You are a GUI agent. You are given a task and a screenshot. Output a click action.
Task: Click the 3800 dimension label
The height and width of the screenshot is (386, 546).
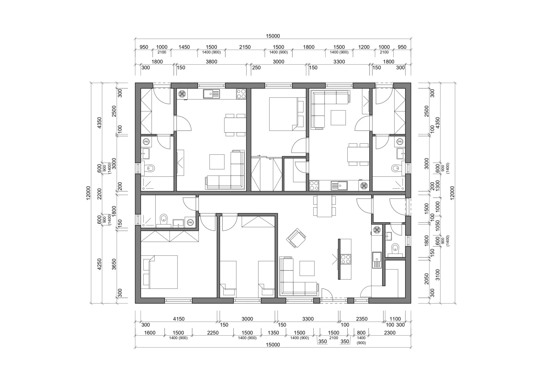(x=211, y=62)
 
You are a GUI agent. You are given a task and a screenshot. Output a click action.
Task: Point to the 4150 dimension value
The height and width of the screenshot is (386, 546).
(x=179, y=319)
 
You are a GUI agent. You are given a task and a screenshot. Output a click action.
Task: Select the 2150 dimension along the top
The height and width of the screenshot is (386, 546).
(x=245, y=47)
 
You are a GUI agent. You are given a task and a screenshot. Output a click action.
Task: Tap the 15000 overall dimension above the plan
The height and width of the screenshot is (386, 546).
(x=273, y=36)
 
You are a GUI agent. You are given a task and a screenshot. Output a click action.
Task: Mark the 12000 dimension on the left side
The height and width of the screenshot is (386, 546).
(x=88, y=193)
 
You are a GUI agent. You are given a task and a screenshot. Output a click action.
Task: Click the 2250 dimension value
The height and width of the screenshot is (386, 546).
(x=213, y=333)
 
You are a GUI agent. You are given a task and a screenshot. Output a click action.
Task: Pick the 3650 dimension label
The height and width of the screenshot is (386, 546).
(x=114, y=264)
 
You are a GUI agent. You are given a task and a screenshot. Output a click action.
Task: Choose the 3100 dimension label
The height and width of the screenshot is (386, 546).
(x=438, y=275)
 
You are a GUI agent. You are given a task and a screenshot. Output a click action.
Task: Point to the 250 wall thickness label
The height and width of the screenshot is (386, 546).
(x=256, y=68)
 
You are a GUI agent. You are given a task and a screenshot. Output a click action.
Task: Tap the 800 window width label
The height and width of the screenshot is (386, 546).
(x=361, y=333)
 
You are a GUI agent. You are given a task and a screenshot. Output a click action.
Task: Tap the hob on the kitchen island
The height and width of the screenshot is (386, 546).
(x=346, y=259)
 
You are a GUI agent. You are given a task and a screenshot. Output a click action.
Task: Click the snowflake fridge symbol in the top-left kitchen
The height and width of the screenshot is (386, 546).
(x=182, y=94)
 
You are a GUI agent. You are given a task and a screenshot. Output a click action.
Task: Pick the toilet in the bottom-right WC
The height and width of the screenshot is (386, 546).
(x=395, y=249)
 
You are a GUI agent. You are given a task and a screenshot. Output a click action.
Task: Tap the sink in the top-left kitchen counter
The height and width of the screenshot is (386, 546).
(x=211, y=94)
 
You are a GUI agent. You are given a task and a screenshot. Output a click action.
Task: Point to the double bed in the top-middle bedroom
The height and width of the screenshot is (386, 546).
(x=287, y=114)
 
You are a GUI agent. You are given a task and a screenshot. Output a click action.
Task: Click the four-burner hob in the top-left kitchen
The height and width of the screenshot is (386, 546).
(x=241, y=94)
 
